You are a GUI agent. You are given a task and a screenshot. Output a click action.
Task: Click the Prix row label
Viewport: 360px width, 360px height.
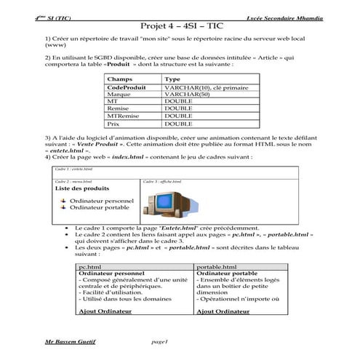click(113, 124)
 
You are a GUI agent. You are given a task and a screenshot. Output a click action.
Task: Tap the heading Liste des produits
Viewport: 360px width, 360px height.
click(82, 188)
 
